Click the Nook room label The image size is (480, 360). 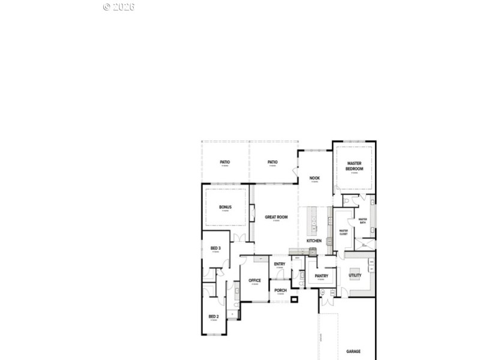314,178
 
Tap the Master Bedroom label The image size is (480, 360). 354,166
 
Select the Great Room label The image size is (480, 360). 277,217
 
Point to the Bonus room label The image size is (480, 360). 225,208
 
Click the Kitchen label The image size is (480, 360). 314,241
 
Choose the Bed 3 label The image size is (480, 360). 215,248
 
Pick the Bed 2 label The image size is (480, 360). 214,316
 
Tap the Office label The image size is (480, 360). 254,280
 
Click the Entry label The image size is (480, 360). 280,264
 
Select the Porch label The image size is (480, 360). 280,290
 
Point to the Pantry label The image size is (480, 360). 322,276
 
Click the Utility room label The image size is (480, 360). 355,275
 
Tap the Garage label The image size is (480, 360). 353,352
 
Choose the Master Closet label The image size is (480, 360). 344,232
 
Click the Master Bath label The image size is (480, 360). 363,220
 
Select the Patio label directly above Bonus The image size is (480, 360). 225,162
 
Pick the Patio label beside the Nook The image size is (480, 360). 272,162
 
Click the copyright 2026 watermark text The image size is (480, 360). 119,7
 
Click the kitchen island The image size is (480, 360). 311,220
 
